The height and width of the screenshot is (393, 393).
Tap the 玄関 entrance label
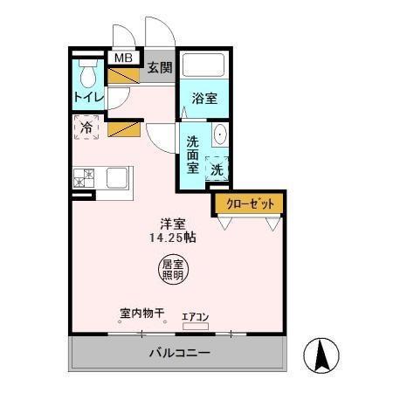click(x=159, y=67)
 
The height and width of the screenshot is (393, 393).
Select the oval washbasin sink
click(x=219, y=136)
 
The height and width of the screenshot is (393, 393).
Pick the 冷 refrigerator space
click(x=86, y=128)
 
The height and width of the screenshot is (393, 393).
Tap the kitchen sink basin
click(x=118, y=178)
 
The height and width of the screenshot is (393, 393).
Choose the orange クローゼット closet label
click(x=250, y=203)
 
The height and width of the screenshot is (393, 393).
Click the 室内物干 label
click(x=142, y=313)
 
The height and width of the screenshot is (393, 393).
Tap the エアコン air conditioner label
click(x=196, y=317)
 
